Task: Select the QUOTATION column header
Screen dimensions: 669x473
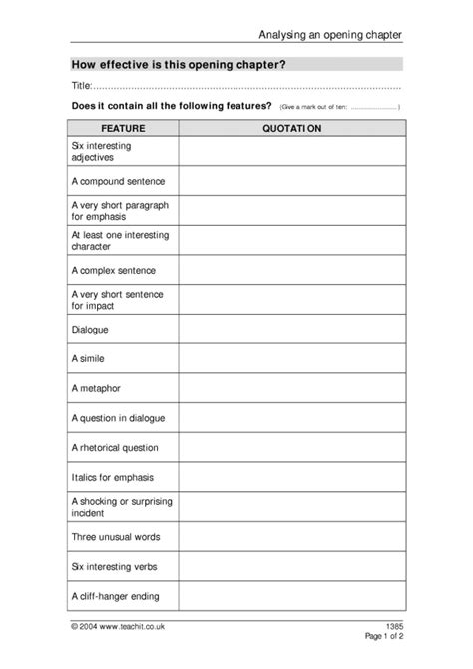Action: pyautogui.click(x=291, y=128)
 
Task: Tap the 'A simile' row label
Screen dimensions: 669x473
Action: pyautogui.click(x=89, y=357)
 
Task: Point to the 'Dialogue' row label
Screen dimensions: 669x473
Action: pyautogui.click(x=90, y=328)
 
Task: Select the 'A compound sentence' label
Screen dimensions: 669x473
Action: pyautogui.click(x=118, y=181)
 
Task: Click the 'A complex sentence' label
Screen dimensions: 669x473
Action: pyautogui.click(x=114, y=270)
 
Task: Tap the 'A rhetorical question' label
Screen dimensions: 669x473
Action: pyautogui.click(x=115, y=447)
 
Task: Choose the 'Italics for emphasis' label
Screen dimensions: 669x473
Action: pyautogui.click(x=113, y=477)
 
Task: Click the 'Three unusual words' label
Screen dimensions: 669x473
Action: pyautogui.click(x=115, y=537)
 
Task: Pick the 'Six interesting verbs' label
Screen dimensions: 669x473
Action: pyautogui.click(x=114, y=567)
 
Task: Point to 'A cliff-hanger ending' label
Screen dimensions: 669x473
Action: pyautogui.click(x=115, y=597)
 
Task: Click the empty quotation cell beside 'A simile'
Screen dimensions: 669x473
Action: pyautogui.click(x=291, y=357)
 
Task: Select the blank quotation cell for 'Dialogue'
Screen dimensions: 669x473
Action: pyautogui.click(x=291, y=328)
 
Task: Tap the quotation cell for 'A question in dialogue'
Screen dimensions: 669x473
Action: pyautogui.click(x=291, y=417)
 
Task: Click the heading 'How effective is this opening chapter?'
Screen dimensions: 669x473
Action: pyautogui.click(x=166, y=63)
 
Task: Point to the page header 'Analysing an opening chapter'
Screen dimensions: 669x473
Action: pyautogui.click(x=330, y=34)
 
